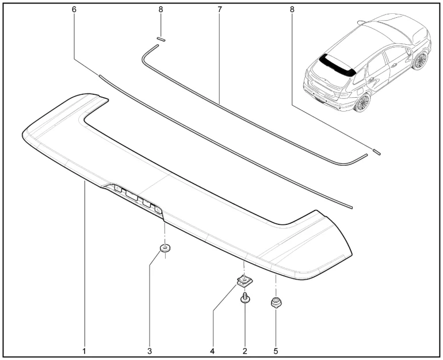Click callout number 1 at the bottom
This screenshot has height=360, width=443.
click(84, 351)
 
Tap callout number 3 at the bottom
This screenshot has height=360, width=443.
click(150, 351)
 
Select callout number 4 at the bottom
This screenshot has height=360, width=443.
click(212, 351)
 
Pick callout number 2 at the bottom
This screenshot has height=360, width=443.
click(245, 351)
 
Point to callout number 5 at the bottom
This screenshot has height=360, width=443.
click(276, 351)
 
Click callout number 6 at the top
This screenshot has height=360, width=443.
click(74, 9)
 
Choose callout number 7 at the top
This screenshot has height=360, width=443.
click(220, 9)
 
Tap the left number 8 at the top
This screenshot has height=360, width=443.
click(161, 9)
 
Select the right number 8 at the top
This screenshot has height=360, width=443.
click(292, 9)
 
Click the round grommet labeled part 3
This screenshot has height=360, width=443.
click(165, 248)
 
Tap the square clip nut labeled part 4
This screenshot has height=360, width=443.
click(244, 281)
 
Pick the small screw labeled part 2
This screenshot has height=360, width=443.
click(245, 298)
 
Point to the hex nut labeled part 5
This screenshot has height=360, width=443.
click(276, 302)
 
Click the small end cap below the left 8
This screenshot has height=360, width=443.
click(161, 39)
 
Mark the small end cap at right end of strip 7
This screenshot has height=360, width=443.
click(377, 152)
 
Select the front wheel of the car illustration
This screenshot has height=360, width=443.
click(420, 61)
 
